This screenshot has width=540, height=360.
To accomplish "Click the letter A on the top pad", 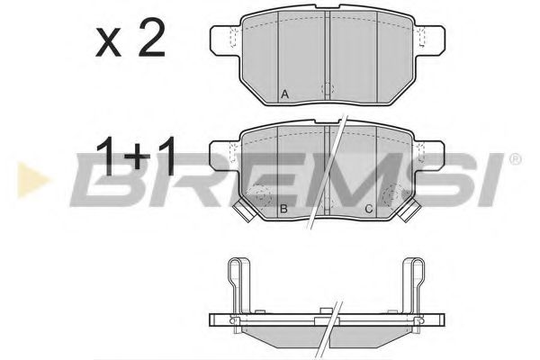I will tap(284, 94).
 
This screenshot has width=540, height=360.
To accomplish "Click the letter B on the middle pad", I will tap(283, 209).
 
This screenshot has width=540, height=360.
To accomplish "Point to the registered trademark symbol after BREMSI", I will tap(514, 159).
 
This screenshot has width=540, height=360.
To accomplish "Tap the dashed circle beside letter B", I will tap(263, 196).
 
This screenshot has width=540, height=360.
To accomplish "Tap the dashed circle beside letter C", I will tap(392, 196).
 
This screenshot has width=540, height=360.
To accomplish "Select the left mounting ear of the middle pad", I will tap(222, 154).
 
